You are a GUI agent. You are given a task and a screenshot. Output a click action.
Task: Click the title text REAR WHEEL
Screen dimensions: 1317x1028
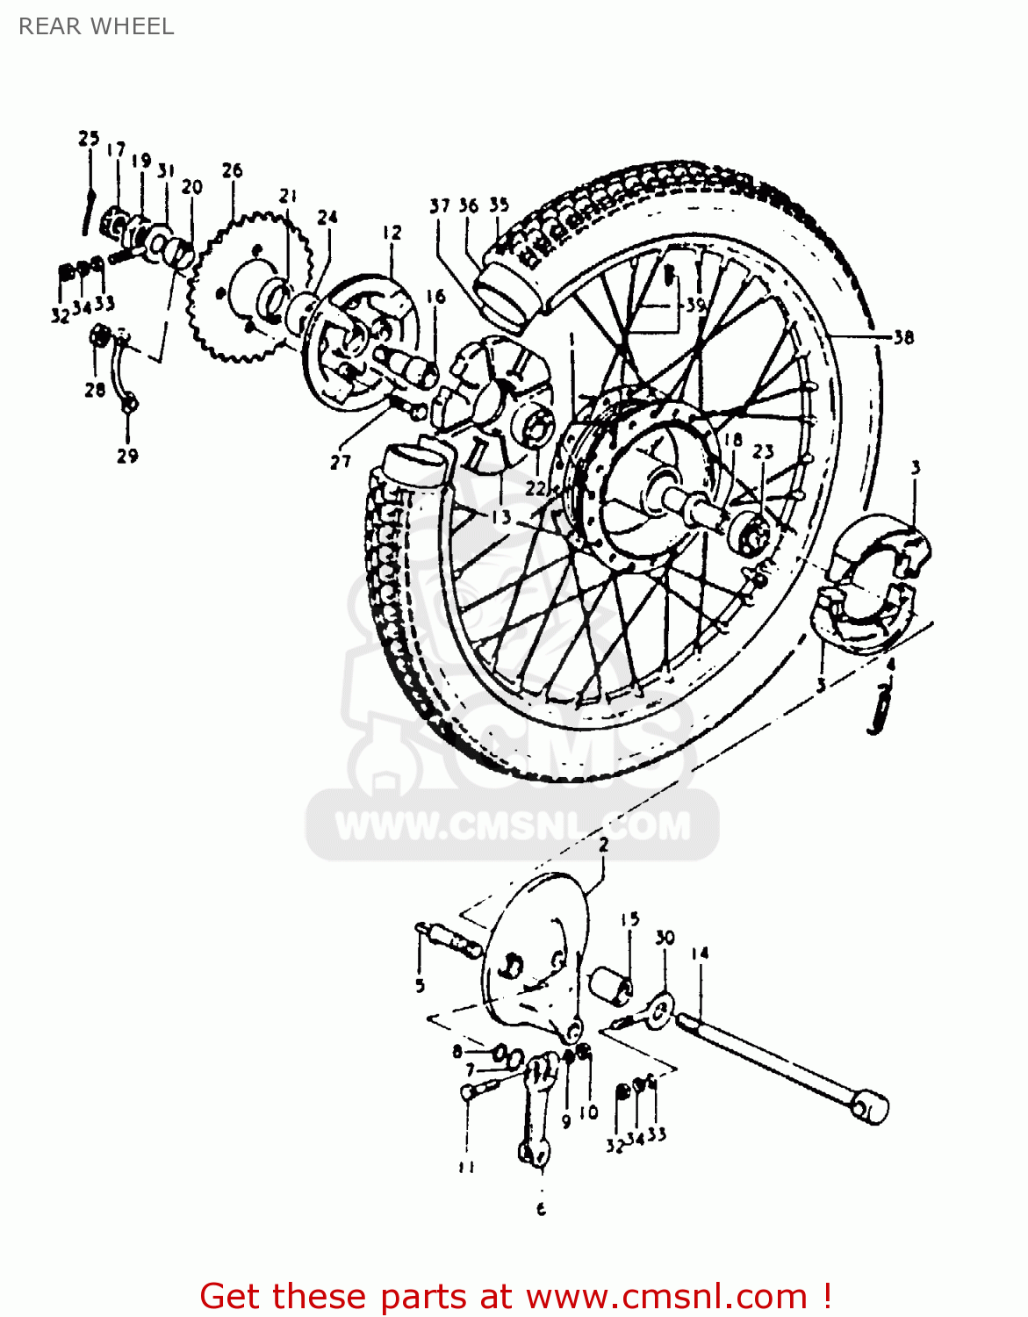click(x=97, y=26)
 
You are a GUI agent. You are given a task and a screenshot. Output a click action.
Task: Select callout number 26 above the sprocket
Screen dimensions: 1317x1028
click(x=232, y=170)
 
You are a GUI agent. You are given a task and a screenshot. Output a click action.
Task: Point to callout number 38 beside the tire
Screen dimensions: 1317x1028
click(x=903, y=337)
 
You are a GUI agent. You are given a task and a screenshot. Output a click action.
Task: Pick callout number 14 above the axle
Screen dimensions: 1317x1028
click(x=700, y=954)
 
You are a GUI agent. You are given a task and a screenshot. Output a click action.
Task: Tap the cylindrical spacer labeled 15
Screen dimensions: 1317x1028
click(x=611, y=986)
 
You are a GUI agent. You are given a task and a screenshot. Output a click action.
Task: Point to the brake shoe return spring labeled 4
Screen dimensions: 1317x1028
click(x=881, y=709)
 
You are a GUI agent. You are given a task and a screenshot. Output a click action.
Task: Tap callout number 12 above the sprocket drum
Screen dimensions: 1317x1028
click(x=392, y=233)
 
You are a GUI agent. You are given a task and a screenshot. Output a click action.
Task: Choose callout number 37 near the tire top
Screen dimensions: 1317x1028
click(x=439, y=206)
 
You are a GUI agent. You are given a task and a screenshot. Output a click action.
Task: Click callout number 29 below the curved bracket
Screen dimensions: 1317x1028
click(x=127, y=456)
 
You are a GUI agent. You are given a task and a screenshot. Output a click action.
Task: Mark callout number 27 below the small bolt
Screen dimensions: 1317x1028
click(x=341, y=462)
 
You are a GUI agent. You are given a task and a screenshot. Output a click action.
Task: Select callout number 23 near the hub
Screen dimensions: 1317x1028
click(x=763, y=451)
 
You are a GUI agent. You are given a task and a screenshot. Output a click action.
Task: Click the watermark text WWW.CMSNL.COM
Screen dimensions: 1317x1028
click(x=513, y=827)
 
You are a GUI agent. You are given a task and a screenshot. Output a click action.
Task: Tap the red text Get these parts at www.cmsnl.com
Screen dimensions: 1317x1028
click(x=515, y=1296)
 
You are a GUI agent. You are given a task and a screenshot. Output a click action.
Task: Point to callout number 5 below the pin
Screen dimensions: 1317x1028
click(x=420, y=985)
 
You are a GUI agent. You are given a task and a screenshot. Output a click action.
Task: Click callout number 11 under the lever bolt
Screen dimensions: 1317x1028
click(x=466, y=1167)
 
